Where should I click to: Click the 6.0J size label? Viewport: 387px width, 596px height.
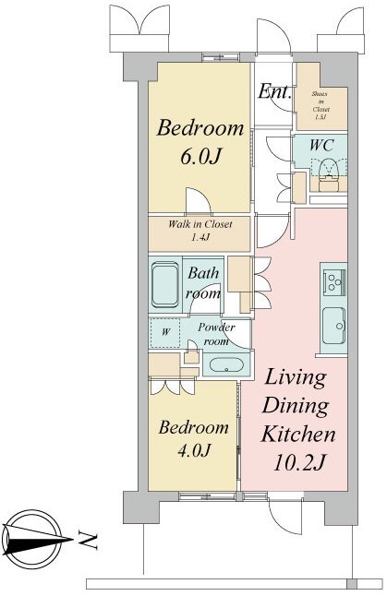pyautogui.click(x=200, y=156)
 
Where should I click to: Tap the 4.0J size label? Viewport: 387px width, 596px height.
pyautogui.click(x=194, y=450)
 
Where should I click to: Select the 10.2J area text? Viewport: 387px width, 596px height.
pyautogui.click(x=299, y=462)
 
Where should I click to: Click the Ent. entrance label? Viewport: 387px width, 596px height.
pyautogui.click(x=274, y=91)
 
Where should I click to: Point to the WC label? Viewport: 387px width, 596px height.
pyautogui.click(x=321, y=145)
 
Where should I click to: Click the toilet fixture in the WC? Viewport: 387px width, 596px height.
pyautogui.click(x=329, y=174)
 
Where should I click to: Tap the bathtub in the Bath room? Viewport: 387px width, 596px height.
pyautogui.click(x=165, y=285)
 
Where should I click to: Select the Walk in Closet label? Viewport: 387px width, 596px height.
pyautogui.click(x=200, y=231)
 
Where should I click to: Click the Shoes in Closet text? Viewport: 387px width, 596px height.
pyautogui.click(x=320, y=105)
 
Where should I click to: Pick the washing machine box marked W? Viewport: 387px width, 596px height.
pyautogui.click(x=165, y=332)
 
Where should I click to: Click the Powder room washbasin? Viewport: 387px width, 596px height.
pyautogui.click(x=226, y=365)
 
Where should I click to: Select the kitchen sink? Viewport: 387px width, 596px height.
pyautogui.click(x=334, y=325)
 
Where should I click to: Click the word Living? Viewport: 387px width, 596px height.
pyautogui.click(x=296, y=378)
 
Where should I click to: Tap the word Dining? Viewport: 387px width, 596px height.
pyautogui.click(x=296, y=405)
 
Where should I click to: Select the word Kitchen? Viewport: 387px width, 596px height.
pyautogui.click(x=298, y=433)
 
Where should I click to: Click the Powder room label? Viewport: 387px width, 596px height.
pyautogui.click(x=216, y=334)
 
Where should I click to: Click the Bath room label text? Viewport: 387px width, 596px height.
pyautogui.click(x=203, y=283)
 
